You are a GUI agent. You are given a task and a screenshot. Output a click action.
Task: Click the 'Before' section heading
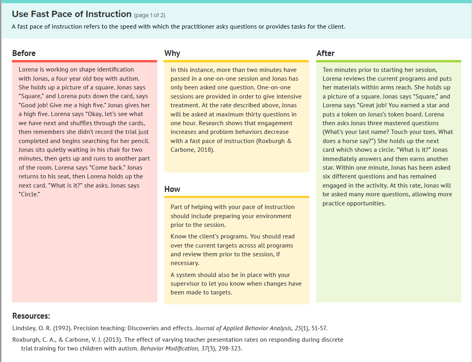[24, 53]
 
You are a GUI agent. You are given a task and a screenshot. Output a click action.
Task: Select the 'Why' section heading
[172, 53]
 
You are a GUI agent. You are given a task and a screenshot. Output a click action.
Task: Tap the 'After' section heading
[325, 53]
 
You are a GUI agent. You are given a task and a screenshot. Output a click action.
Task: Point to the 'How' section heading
[172, 189]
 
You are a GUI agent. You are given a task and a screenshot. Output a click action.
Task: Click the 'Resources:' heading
[31, 316]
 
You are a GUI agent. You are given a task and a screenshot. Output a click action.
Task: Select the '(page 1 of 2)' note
[150, 15]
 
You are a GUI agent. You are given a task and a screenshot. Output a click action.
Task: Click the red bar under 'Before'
[84, 61]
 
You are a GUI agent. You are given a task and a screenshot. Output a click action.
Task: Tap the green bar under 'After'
[388, 61]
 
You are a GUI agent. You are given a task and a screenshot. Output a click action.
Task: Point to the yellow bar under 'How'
[236, 197]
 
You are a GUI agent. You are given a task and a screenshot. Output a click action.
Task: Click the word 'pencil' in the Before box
[140, 141]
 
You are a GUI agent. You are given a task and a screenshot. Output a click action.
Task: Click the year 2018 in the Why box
[205, 150]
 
